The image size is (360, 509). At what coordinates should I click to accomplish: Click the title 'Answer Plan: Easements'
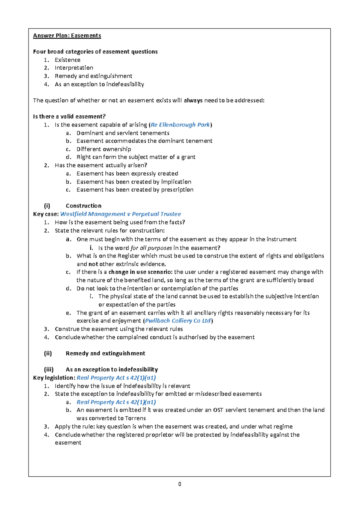tap(67, 36)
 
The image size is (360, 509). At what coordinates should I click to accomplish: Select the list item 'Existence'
tap(67, 60)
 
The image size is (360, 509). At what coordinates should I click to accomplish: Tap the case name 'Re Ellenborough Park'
tap(180, 125)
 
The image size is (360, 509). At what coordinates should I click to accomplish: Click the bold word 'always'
tap(193, 100)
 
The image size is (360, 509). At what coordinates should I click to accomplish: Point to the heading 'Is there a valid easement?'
tap(69, 117)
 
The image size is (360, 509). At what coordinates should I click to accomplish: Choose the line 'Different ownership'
tap(103, 149)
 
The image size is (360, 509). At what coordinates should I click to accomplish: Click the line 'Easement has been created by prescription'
tap(135, 190)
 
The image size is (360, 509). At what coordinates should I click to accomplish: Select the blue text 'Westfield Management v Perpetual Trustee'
tap(121, 214)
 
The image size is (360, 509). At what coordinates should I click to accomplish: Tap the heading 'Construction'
tap(83, 206)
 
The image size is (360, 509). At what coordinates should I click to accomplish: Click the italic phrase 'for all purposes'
tap(151, 248)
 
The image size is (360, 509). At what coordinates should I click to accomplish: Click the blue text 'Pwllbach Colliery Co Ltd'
tap(178, 321)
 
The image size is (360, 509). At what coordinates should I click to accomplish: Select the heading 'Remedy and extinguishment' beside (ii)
tap(105, 353)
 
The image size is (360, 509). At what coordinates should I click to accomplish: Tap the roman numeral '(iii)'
tap(49, 370)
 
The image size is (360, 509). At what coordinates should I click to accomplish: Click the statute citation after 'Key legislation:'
tap(116, 378)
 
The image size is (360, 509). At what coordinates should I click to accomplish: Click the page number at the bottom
tap(179, 484)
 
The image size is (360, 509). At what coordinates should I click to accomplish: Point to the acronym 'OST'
tap(218, 410)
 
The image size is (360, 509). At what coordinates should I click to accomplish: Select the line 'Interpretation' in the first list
tap(74, 68)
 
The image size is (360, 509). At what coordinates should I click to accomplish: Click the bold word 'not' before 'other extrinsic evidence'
tap(93, 264)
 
